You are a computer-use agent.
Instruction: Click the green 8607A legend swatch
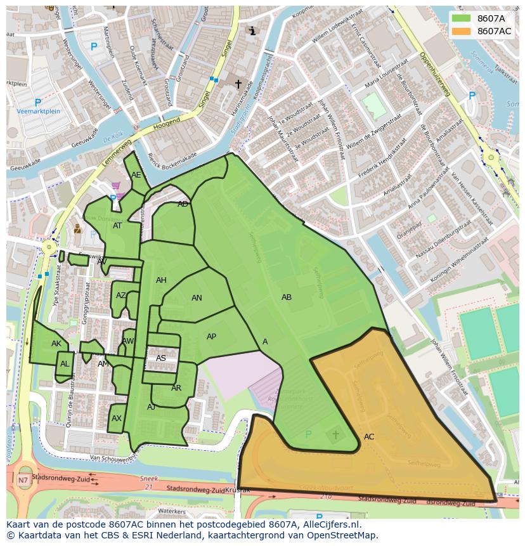point(461,18)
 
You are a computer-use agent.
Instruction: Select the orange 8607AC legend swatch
point(461,31)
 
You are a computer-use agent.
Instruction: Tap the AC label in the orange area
point(369,437)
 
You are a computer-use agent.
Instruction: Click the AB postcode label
point(287,297)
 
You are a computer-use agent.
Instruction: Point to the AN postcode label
point(197,298)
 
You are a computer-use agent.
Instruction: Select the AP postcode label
point(212,337)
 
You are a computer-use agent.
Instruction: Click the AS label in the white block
point(161,358)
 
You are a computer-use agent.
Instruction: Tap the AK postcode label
point(56,344)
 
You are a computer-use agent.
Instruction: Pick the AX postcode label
point(117,419)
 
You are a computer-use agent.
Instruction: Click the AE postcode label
point(136,175)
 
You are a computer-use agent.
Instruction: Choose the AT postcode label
point(117,226)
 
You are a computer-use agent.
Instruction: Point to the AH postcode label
point(161,280)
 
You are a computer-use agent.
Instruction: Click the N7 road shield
point(23,480)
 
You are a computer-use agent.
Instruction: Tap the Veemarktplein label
point(39,111)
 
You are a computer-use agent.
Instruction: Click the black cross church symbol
point(238,84)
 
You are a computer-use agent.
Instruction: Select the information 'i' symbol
point(252,30)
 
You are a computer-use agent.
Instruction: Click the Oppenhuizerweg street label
point(434,74)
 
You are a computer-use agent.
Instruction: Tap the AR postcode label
point(176,388)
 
